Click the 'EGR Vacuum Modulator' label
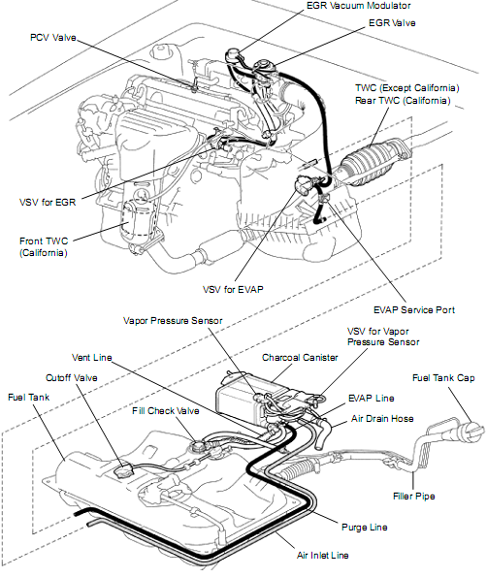tap(358, 6)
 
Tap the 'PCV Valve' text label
tap(53, 38)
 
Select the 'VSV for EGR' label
tap(48, 202)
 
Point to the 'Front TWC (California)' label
tap(44, 246)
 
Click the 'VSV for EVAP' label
tap(233, 289)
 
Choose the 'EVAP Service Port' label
tap(414, 310)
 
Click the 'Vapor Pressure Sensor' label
tap(173, 321)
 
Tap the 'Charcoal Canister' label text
tap(300, 358)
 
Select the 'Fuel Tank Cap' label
tap(443, 378)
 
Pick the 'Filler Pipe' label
tap(413, 497)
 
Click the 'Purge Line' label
tap(364, 528)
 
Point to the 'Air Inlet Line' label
tap(323, 555)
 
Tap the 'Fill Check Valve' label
tap(166, 410)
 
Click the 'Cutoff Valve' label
tap(72, 378)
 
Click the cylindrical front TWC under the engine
tap(135, 221)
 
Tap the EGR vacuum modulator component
tap(233, 56)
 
